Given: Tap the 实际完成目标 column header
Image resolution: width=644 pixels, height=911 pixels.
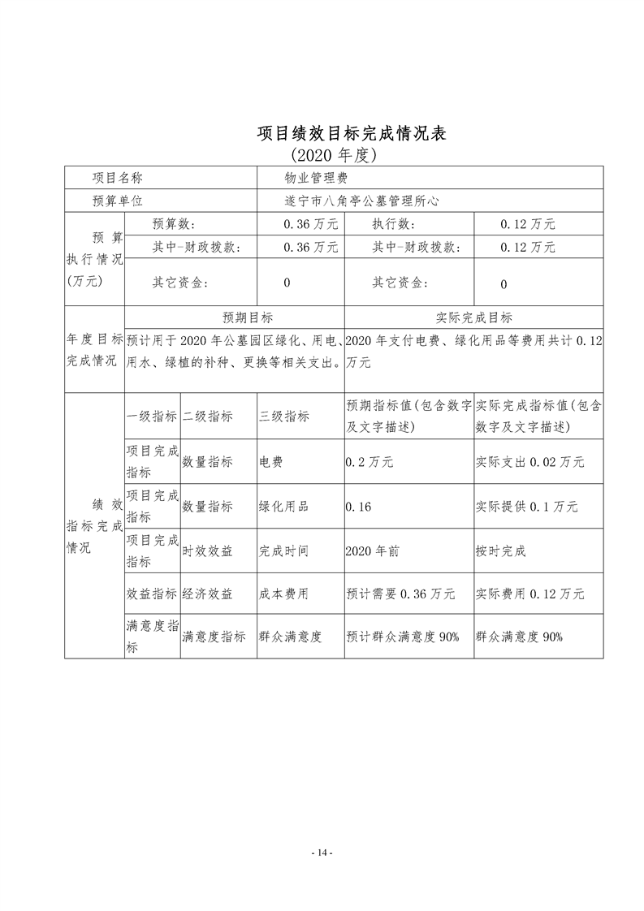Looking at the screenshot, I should point(474,317).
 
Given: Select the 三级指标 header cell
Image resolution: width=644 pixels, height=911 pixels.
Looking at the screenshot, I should point(283,417).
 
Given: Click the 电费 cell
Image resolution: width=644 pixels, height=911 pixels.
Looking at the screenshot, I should point(271,461).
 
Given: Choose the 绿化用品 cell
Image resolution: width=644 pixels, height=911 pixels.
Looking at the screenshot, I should point(283,506).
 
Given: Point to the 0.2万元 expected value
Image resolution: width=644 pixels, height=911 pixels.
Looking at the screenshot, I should point(370,461).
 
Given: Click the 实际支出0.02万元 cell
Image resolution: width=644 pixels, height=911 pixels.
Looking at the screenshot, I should point(529,461).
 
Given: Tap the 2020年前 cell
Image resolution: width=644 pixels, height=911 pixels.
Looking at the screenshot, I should point(372,550).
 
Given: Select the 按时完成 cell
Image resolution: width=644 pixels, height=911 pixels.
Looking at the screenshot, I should point(501,550).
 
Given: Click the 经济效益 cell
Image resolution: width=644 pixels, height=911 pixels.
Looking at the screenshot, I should point(208,594).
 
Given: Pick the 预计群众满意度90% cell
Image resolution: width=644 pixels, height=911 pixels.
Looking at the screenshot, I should point(403,637).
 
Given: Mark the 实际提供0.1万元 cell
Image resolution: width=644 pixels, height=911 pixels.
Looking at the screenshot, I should point(526,506).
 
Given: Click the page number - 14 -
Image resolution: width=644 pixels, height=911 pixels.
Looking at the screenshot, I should point(322,853).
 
